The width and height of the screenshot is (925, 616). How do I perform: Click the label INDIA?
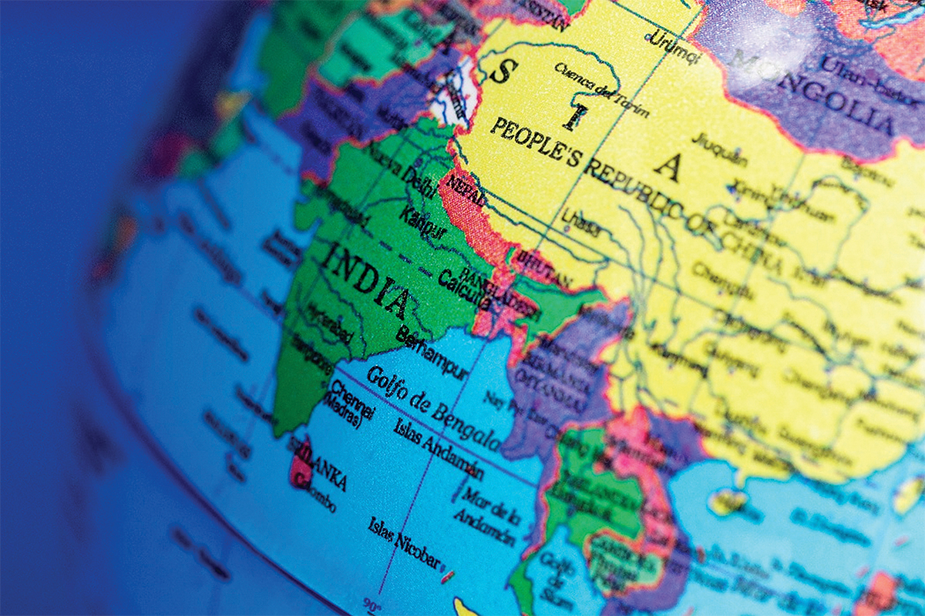(x=367, y=282)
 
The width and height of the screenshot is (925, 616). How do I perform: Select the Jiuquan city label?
(x=719, y=149)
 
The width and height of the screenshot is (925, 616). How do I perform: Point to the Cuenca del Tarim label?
(x=601, y=91)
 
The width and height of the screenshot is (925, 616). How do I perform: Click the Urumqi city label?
(x=669, y=42)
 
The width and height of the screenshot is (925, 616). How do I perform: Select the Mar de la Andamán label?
(x=486, y=507)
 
